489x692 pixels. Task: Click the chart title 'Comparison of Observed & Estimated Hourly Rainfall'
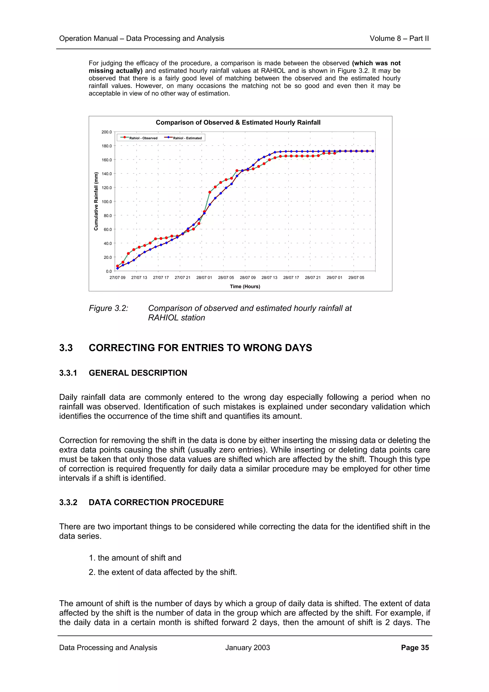click(238, 122)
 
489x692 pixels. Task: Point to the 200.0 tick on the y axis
click(107, 132)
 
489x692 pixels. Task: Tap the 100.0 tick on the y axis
click(107, 202)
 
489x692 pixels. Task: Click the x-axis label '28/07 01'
click(204, 277)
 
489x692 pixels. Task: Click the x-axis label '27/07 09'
click(117, 277)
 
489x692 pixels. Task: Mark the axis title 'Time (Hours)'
click(245, 286)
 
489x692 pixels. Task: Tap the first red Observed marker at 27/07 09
click(117, 266)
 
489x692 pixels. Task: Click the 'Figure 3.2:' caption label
click(108, 308)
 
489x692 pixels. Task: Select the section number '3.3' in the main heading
click(66, 348)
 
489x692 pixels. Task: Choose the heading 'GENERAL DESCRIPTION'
click(138, 373)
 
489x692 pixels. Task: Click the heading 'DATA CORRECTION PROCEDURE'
click(156, 502)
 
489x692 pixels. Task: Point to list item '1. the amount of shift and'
click(135, 558)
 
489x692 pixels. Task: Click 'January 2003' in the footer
click(247, 648)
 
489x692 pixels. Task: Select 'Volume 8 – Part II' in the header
click(399, 39)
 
